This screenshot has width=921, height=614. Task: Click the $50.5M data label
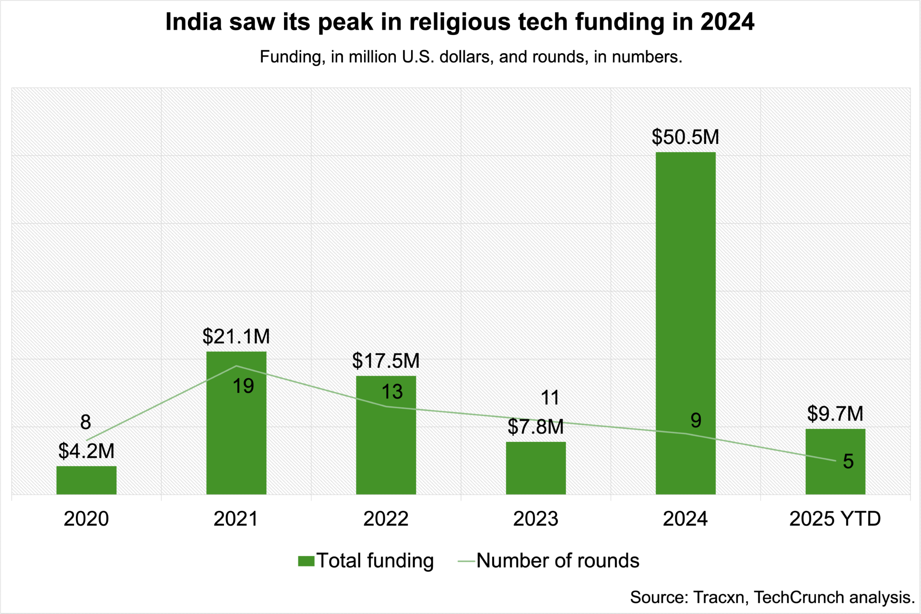coord(685,137)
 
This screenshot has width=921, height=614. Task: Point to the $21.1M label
coord(236,337)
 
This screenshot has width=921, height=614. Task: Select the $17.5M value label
coord(386,361)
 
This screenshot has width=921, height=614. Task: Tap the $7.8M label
coord(536,427)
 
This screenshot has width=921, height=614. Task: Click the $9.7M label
coord(835,413)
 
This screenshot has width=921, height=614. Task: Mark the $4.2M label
coord(86,451)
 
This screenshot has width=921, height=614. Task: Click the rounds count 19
coord(243,386)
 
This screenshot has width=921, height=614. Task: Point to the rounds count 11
coord(550,398)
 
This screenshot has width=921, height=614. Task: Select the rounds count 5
coord(848,461)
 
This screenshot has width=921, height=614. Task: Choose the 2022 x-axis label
coord(386,519)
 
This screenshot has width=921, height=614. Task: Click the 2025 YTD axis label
coord(835,519)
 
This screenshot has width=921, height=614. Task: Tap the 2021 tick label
coord(236,519)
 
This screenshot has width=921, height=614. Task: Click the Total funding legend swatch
coord(306,561)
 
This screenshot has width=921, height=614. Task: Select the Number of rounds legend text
coord(557,561)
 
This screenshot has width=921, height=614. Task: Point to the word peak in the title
coord(345,22)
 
